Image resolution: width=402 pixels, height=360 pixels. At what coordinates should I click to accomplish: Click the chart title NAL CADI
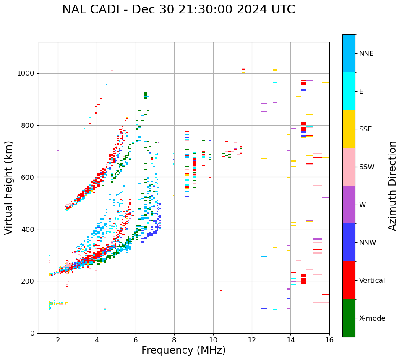178,10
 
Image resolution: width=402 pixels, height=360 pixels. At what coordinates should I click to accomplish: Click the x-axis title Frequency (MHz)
183,350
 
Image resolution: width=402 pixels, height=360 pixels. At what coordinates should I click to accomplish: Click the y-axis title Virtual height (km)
9,188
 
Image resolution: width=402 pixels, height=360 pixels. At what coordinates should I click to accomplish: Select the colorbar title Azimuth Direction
392,186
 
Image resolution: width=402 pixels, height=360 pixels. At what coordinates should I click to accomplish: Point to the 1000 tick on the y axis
28,73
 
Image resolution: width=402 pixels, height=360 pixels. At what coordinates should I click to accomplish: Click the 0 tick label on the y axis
32,333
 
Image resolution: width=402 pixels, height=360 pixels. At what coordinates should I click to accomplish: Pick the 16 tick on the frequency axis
329,339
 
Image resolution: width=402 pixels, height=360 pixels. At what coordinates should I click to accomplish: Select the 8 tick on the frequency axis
174,339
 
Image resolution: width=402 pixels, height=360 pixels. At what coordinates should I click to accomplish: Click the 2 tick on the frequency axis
58,339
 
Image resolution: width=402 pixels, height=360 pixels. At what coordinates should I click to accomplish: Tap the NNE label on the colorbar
366,54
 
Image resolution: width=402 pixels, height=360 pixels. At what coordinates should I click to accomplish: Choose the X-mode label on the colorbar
372,318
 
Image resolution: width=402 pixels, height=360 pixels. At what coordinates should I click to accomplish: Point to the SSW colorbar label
367,167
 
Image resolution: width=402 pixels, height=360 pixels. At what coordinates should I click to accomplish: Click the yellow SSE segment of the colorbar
349,129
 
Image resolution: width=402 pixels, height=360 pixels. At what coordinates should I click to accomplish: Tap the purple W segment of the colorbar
349,205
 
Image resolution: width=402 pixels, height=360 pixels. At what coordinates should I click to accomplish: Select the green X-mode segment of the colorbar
349,318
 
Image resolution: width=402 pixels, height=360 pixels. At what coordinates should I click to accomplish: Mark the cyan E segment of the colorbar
349,91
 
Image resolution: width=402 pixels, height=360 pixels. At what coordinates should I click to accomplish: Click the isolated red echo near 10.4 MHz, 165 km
221,290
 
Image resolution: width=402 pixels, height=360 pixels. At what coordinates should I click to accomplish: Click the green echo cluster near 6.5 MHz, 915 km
145,95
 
